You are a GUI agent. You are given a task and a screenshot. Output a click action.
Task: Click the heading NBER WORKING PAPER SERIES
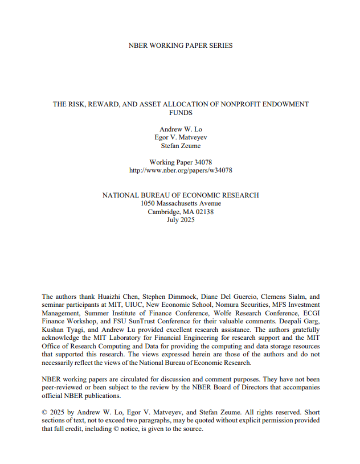click(x=181, y=46)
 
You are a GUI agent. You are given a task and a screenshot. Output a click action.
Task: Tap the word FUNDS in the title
click(x=181, y=113)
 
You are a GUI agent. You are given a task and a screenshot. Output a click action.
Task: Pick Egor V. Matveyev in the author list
click(x=181, y=138)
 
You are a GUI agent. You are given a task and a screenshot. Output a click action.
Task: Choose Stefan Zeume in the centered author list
click(x=181, y=146)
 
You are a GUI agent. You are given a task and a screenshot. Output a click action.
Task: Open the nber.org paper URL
click(x=181, y=170)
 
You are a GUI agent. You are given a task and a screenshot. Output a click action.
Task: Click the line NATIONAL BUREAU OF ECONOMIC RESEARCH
click(x=181, y=195)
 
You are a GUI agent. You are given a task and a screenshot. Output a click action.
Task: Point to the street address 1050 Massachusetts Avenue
click(x=181, y=203)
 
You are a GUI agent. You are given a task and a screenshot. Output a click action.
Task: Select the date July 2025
click(x=181, y=220)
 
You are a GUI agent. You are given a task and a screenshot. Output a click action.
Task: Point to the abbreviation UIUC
click(x=133, y=305)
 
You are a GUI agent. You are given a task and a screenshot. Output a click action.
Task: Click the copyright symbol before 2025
click(x=45, y=412)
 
